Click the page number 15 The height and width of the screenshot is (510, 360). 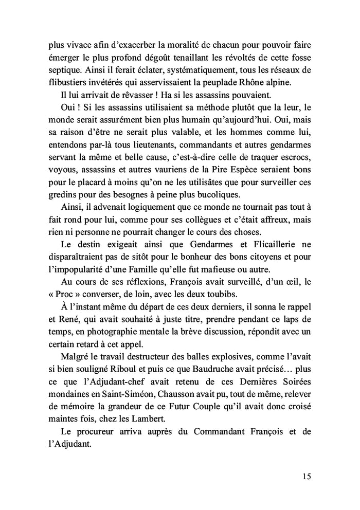tap(306, 476)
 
